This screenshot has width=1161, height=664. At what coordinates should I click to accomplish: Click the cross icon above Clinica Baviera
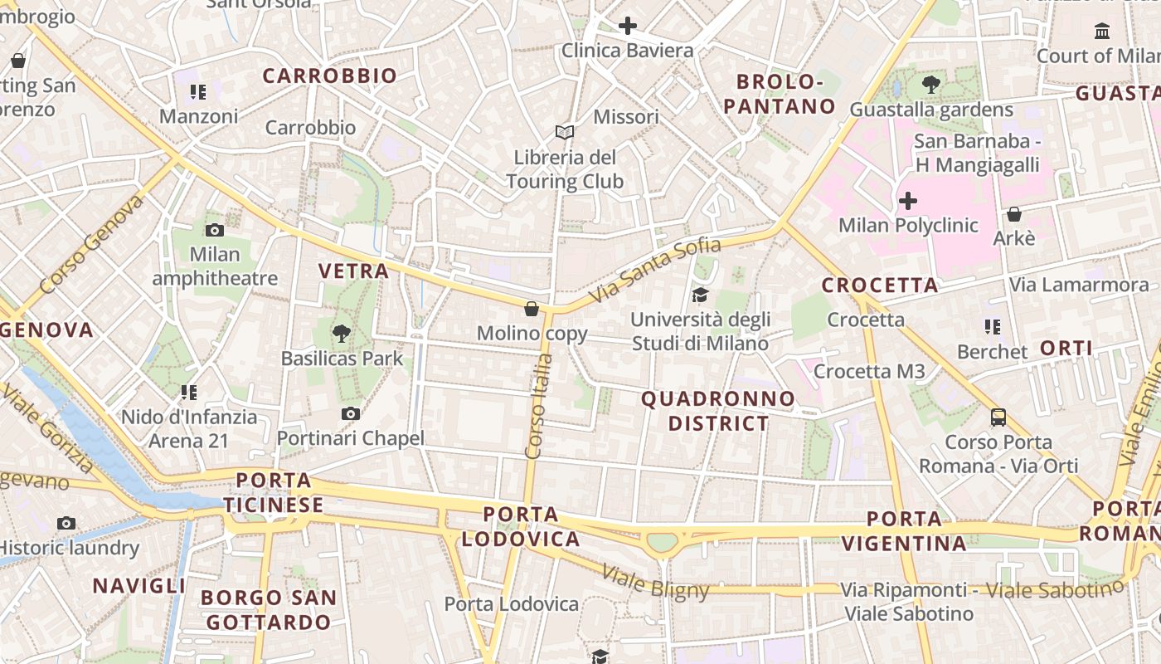click(628, 26)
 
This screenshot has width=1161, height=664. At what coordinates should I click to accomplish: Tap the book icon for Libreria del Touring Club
click(565, 132)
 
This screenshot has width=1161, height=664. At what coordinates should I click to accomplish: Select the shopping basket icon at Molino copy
click(532, 309)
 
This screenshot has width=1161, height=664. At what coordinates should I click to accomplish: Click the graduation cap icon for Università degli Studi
click(701, 295)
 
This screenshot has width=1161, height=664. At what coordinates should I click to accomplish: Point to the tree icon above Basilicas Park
click(341, 334)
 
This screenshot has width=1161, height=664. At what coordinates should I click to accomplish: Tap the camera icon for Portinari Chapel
click(351, 413)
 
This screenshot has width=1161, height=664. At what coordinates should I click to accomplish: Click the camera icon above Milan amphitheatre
click(215, 230)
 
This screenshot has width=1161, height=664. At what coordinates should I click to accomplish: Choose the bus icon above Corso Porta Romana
click(998, 417)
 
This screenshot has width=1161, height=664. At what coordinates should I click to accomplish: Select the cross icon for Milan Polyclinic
click(908, 200)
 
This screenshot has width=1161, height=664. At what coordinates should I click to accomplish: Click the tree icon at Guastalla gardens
click(931, 84)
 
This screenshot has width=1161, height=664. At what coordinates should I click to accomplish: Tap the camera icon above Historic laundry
click(66, 523)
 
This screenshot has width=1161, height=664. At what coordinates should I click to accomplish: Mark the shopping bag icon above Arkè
click(1013, 214)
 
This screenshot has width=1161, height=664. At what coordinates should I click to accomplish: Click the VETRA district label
click(354, 271)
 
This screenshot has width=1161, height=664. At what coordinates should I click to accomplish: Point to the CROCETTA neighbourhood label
click(880, 286)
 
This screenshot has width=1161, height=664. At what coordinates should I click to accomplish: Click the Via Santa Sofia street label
click(655, 270)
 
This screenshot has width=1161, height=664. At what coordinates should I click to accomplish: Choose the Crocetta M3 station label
click(868, 371)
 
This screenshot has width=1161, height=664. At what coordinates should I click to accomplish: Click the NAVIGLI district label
click(139, 586)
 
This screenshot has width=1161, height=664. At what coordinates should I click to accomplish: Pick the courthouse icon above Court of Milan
click(1103, 31)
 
